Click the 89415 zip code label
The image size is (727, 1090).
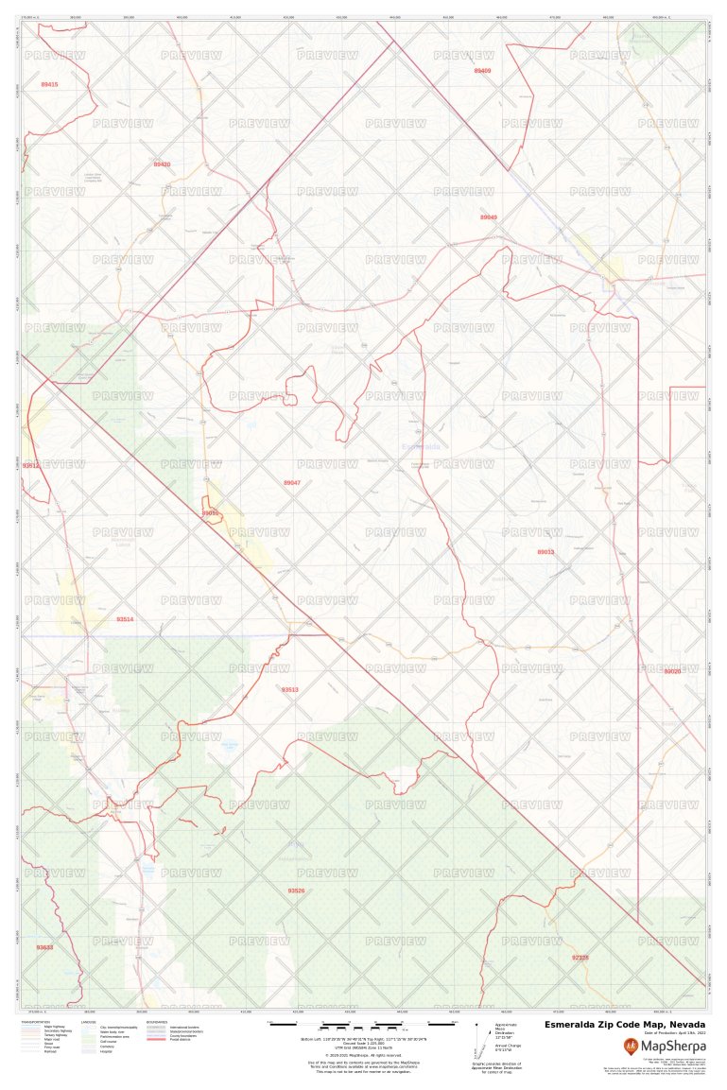(x=49, y=85)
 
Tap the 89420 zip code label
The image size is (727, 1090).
(x=162, y=164)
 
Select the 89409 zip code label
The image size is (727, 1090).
(x=482, y=71)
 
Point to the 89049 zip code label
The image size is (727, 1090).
(x=488, y=217)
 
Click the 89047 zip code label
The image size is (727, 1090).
(x=292, y=483)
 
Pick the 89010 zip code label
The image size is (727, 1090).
(x=210, y=513)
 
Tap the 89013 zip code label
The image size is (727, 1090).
(x=545, y=552)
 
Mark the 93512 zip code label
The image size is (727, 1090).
(x=31, y=466)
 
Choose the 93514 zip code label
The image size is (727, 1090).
(x=125, y=619)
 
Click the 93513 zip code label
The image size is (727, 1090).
(x=289, y=690)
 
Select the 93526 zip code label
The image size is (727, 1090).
(x=296, y=891)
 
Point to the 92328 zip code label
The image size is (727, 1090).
(x=580, y=958)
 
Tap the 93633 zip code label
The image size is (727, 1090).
(x=44, y=947)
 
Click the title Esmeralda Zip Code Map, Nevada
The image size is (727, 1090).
(x=624, y=1025)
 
